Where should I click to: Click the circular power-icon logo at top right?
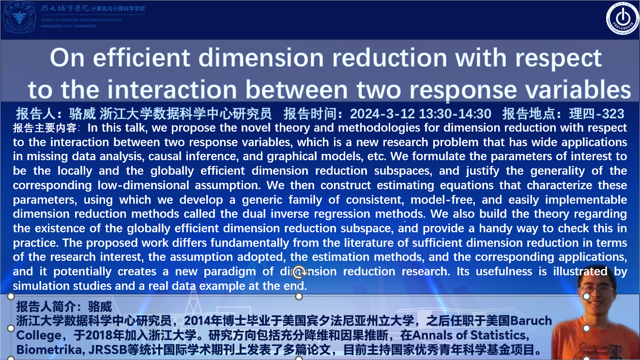(623, 18)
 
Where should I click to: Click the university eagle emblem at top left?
(19, 17)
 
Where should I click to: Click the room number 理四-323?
(596, 114)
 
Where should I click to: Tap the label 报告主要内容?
(45, 128)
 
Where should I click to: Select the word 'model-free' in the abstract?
(443, 200)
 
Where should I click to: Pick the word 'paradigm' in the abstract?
(230, 272)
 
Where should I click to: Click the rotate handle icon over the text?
(299, 272)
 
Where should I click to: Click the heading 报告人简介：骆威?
(64, 307)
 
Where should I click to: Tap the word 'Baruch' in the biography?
(531, 321)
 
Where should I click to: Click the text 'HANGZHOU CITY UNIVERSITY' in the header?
(69, 26)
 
